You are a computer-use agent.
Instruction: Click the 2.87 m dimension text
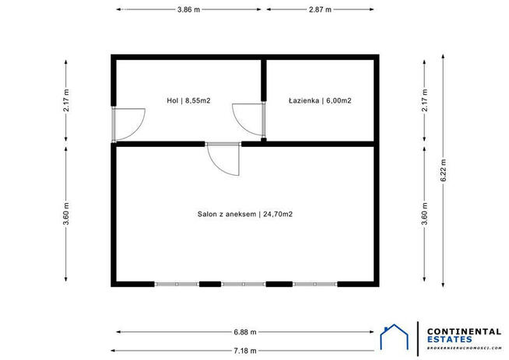[319, 9]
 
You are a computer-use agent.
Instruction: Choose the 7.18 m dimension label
[245, 350]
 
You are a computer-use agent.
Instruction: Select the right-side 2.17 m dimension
[424, 100]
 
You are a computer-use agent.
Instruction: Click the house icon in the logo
[394, 339]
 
